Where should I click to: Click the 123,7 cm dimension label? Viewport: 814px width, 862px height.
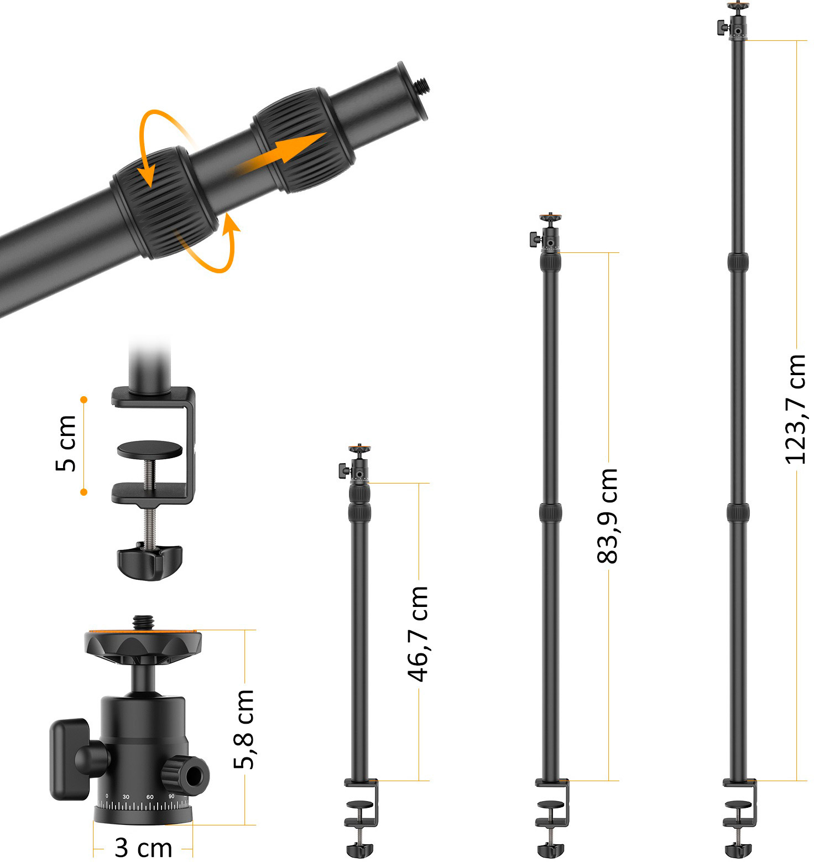[x=796, y=409]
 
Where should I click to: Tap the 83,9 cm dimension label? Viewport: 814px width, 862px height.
[x=608, y=516]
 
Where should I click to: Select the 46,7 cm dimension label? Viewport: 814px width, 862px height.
[x=418, y=633]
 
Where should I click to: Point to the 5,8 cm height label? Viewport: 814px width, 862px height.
[x=244, y=729]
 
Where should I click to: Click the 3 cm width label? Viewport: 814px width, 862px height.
[x=143, y=847]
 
